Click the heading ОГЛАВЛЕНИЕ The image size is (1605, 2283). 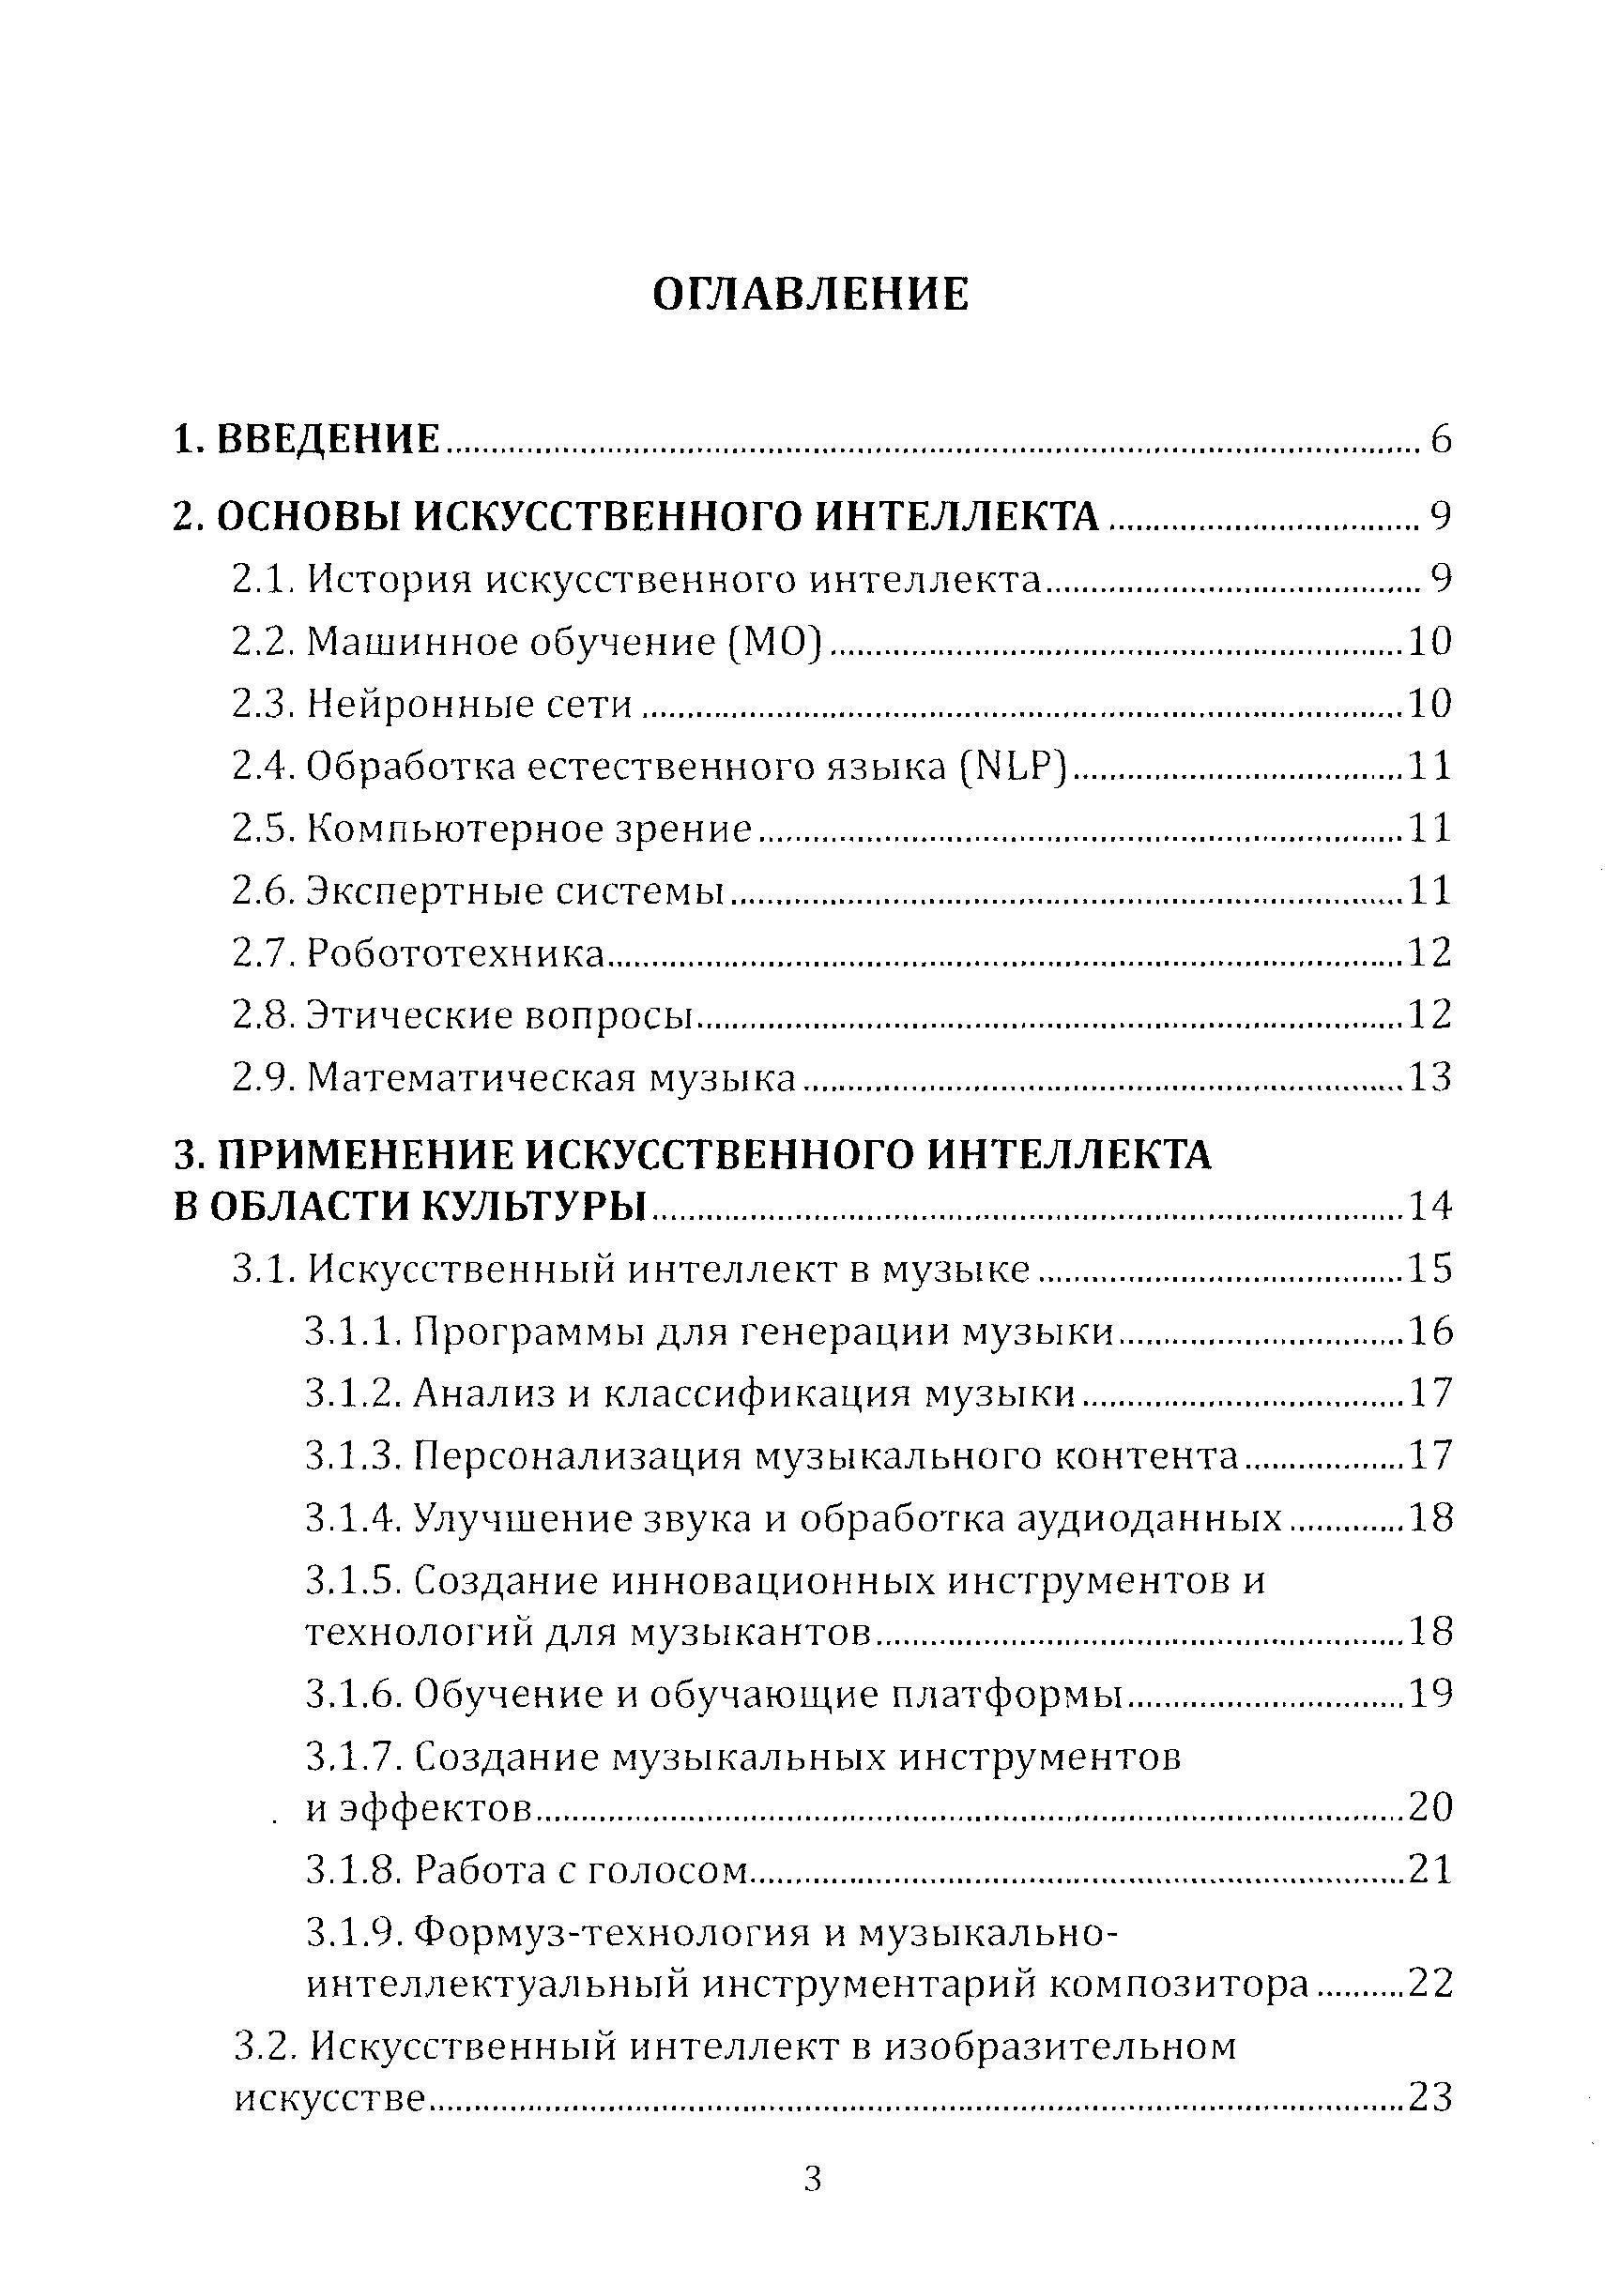[x=810, y=295]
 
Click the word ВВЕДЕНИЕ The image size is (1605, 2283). [x=329, y=439]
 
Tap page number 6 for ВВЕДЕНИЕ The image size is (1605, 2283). [x=1441, y=439]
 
